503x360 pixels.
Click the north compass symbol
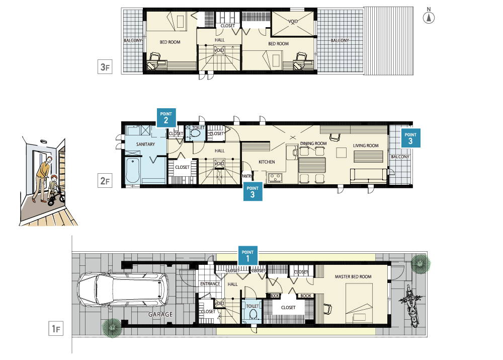pos(429,17)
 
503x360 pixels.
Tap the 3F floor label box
pos(105,67)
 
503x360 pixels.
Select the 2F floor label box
pos(105,180)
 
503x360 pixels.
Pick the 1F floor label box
pos(56,328)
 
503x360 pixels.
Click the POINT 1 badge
pos(247,256)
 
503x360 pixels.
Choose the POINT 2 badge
pos(166,117)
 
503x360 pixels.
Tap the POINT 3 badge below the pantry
pos(253,192)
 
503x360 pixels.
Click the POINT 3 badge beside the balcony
pos(410,138)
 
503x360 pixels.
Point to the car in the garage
pos(123,290)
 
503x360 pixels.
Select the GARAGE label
pos(160,314)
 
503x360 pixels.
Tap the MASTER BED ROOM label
pos(353,276)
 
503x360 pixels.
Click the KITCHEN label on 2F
pos(267,162)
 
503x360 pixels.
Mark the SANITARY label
pos(145,144)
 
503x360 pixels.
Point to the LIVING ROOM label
pos(366,146)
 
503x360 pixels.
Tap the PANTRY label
pos(246,176)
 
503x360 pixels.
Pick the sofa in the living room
pos(369,176)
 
